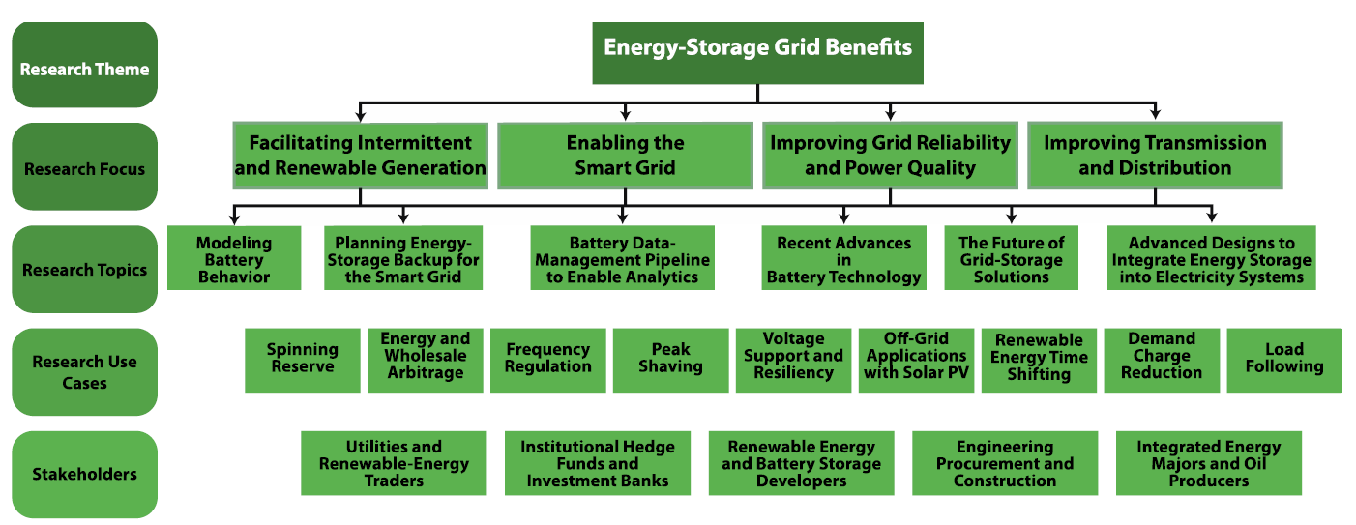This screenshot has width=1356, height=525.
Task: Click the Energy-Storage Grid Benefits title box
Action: point(757,53)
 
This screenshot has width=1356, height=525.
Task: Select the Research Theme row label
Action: point(85,65)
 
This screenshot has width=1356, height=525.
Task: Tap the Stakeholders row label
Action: point(85,474)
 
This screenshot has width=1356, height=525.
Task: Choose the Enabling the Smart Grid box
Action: point(625,156)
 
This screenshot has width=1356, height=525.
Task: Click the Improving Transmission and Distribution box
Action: point(1155,156)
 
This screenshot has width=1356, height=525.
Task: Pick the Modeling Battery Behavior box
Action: point(234,258)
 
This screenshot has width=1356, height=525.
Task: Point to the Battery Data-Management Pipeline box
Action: point(622,258)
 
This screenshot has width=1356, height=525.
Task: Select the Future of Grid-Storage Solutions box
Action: point(1011,258)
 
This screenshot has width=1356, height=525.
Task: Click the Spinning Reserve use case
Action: point(302,361)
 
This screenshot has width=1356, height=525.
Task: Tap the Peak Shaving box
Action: point(670,361)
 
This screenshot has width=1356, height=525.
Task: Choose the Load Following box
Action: point(1284,361)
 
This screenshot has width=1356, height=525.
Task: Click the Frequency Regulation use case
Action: point(547,361)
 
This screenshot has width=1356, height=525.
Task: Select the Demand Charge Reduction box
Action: point(1162,361)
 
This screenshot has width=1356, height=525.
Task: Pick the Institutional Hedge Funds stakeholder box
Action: point(598,463)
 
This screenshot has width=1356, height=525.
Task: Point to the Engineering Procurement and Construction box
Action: point(1005,463)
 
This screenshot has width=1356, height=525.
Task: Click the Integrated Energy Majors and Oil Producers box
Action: point(1209,463)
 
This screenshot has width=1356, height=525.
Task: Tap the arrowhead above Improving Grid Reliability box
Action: point(890,114)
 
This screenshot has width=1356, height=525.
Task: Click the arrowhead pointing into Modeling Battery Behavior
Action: point(234,218)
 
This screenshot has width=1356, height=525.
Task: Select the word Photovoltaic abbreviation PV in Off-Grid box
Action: point(958,372)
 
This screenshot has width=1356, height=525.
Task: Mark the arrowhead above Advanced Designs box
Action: point(1211,216)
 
